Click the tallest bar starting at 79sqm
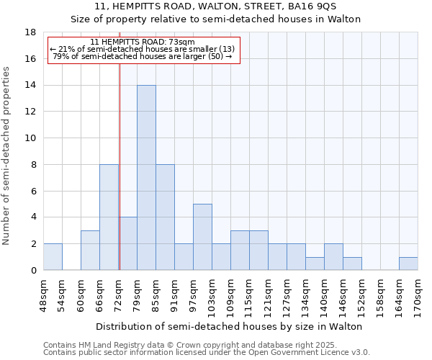146,178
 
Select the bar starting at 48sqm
53,257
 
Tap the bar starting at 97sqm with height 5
202,237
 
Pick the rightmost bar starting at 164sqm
408,264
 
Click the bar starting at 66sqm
109,217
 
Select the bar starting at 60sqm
90,250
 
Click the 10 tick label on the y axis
30,138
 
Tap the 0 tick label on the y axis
33,271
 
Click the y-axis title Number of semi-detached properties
6,156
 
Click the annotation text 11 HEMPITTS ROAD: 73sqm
143,42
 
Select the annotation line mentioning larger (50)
143,56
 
